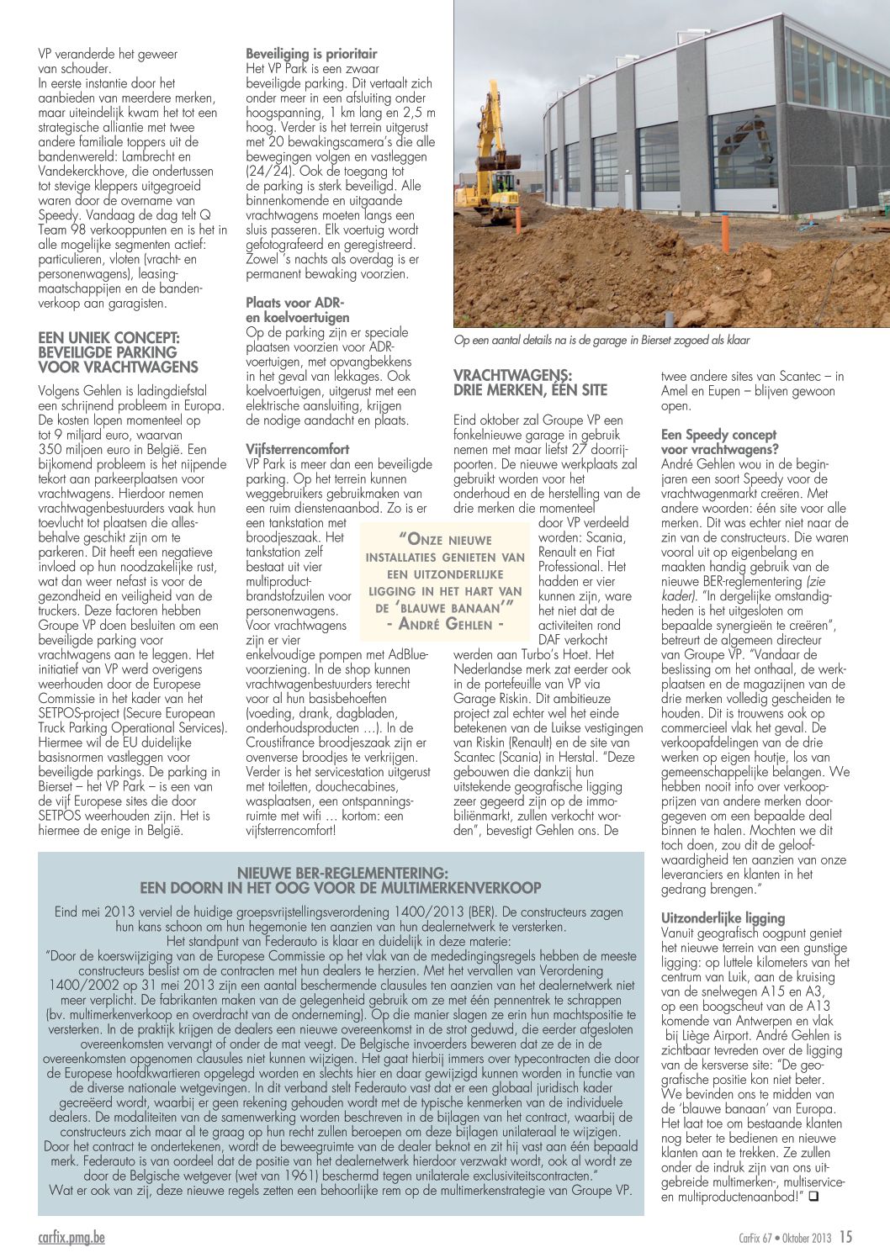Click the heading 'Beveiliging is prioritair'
pos(311,54)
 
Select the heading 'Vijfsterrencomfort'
pos(297,449)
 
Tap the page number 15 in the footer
pos(845,1236)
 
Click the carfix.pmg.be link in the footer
pos(72,1237)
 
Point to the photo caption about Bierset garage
pos(601,341)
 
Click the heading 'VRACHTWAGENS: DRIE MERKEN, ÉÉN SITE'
pos(530,383)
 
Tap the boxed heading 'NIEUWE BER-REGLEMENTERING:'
pos(341,874)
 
